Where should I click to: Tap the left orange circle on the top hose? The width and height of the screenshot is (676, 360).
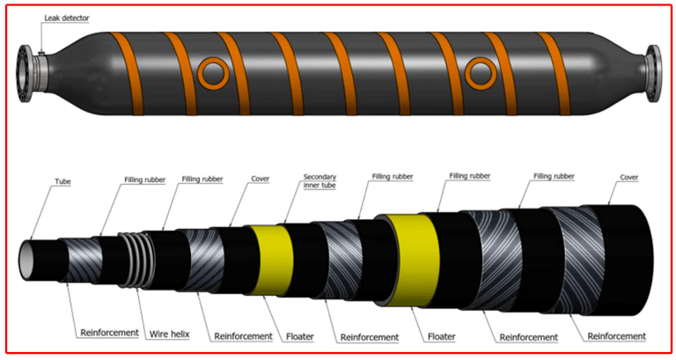pyautogui.click(x=212, y=72)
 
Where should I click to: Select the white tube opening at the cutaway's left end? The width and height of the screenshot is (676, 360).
pyautogui.click(x=28, y=254)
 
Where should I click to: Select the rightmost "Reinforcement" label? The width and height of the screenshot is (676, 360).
pyautogui.click(x=616, y=336)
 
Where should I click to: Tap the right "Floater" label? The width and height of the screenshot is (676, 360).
pyautogui.click(x=446, y=335)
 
